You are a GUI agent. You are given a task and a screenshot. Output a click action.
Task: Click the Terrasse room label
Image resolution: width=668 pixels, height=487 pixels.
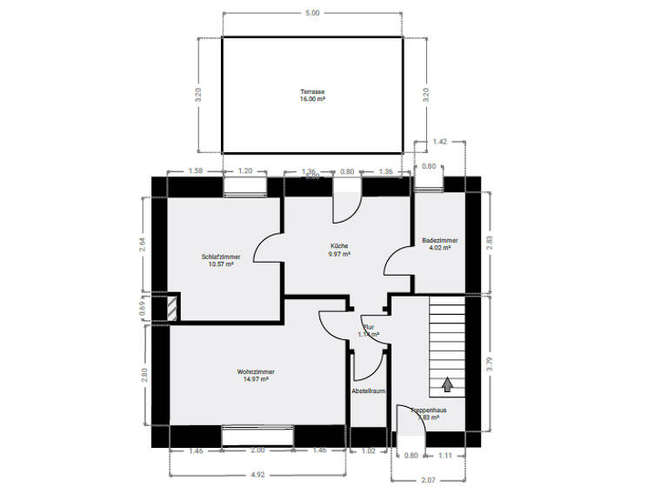pyautogui.click(x=312, y=91)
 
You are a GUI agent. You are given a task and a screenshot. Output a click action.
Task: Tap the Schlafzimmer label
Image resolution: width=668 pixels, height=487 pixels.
pyautogui.click(x=221, y=257)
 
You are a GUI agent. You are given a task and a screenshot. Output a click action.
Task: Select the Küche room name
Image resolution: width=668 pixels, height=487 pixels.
pyautogui.click(x=339, y=246)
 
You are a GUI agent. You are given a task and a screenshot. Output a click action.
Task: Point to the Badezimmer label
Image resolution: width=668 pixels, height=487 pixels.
pyautogui.click(x=440, y=240)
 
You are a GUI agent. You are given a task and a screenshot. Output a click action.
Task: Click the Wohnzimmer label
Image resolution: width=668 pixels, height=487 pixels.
pyautogui.click(x=255, y=371)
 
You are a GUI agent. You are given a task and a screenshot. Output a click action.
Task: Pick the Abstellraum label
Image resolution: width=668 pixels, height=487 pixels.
pyautogui.click(x=369, y=391)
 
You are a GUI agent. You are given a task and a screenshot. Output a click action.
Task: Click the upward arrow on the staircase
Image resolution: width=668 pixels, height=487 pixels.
pyautogui.click(x=449, y=383)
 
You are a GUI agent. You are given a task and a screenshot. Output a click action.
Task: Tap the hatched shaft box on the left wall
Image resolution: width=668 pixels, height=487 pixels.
pyautogui.click(x=173, y=308)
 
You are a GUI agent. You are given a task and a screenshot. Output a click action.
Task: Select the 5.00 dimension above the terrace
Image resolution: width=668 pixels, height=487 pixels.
pyautogui.click(x=312, y=13)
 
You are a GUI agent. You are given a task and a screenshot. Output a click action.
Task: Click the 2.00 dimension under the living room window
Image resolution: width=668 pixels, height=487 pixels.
pyautogui.click(x=257, y=451)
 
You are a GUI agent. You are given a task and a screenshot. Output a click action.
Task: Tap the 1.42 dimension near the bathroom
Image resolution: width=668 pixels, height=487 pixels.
pyautogui.click(x=440, y=141)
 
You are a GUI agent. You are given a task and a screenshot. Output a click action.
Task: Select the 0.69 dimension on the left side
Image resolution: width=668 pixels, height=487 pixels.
pyautogui.click(x=143, y=307)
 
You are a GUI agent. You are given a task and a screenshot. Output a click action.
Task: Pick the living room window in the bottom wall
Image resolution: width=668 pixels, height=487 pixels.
pyautogui.click(x=257, y=436)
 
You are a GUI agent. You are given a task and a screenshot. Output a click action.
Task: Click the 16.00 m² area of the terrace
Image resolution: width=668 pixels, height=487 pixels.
pyautogui.click(x=312, y=99)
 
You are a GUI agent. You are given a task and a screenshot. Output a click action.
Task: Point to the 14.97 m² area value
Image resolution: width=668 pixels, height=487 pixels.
pyautogui.click(x=255, y=379)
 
